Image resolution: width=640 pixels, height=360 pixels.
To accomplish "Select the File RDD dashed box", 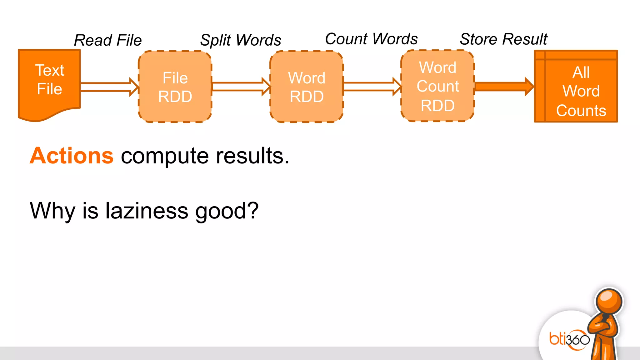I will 175,87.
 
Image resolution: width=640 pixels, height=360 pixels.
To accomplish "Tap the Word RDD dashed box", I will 307,87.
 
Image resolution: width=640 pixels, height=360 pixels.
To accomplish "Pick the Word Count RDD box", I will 437,86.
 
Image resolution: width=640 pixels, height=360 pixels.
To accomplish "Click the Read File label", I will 108,40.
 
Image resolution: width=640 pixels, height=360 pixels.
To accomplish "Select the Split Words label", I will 241,40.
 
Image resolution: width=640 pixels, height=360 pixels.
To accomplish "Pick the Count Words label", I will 371,39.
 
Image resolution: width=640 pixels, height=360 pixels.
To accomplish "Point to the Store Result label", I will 503,39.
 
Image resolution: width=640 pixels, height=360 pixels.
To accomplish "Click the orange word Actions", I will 72,156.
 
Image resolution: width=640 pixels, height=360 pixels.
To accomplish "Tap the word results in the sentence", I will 252,156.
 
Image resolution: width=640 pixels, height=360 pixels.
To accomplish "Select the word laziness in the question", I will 147,211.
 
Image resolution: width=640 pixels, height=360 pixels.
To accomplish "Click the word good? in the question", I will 227,211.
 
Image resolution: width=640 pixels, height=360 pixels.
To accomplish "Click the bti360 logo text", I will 569,339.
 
